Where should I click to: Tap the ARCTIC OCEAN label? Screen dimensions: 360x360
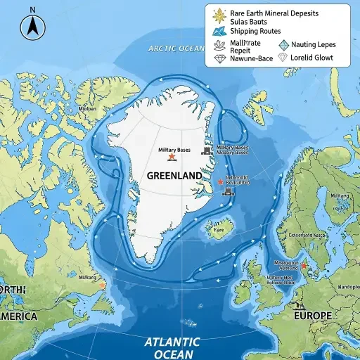(175, 49)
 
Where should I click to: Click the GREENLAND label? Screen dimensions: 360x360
(174, 174)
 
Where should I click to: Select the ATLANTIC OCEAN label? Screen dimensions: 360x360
(172, 347)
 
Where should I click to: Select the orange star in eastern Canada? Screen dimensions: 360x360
(103, 286)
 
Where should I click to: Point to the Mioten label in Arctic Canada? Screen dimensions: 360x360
(87, 109)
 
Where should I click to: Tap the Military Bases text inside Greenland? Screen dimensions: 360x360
(174, 150)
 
